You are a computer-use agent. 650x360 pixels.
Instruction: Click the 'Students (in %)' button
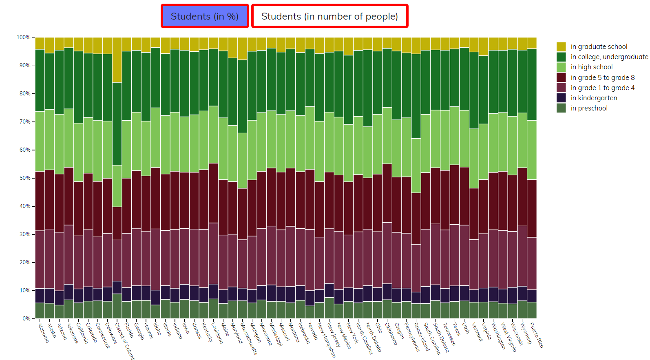[x=205, y=16]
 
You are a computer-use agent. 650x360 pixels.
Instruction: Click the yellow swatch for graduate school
[x=561, y=46]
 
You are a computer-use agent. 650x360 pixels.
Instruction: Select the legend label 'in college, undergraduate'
[x=609, y=57]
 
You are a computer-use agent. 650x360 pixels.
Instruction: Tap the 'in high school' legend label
[x=591, y=67]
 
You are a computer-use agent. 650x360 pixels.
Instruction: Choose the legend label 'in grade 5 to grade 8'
[x=602, y=77]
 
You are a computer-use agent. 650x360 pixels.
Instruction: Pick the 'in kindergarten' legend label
[x=594, y=98]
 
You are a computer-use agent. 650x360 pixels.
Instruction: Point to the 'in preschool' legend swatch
[x=561, y=108]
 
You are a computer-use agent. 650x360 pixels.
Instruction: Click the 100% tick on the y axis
[x=24, y=37]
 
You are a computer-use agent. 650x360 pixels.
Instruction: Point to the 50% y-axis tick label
[x=25, y=178]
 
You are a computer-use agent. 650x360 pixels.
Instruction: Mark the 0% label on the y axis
[x=26, y=318]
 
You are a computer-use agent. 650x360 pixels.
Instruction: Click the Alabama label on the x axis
[x=43, y=333]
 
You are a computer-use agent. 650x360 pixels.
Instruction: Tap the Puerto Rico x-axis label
[x=536, y=335]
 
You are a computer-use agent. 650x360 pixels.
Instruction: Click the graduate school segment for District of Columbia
[x=117, y=60]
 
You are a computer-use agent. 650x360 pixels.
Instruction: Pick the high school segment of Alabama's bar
[x=40, y=141]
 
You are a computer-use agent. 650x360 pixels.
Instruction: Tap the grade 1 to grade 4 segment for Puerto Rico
[x=532, y=263]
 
